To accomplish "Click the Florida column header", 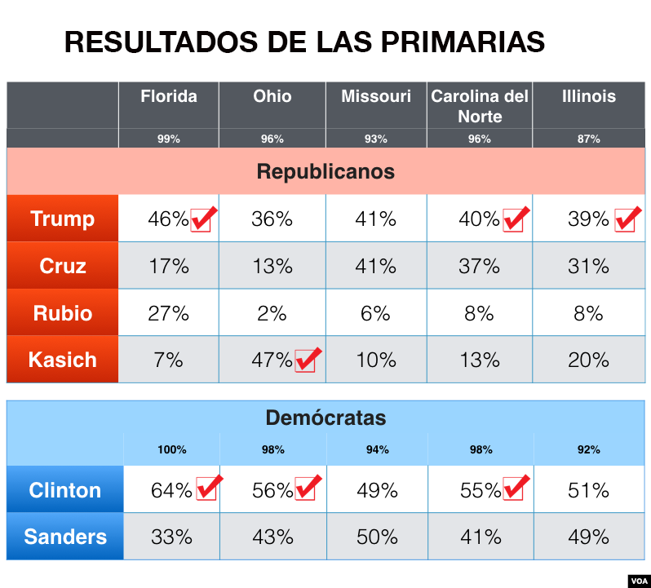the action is click(x=169, y=96).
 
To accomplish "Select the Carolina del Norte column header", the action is click(x=480, y=106).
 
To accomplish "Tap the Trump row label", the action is click(x=63, y=219).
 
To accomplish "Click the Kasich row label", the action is click(x=63, y=360).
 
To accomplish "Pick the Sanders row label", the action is click(x=65, y=537).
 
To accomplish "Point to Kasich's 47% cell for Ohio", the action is click(x=272, y=360).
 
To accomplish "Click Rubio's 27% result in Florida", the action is click(x=169, y=313).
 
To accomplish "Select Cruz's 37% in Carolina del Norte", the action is click(x=479, y=266).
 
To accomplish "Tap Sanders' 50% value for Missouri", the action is click(x=377, y=537).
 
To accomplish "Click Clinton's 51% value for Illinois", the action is click(x=588, y=490).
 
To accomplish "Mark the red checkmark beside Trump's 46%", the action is click(x=204, y=219).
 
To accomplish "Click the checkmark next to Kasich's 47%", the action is click(x=308, y=360).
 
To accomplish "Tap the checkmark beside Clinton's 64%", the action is click(x=210, y=487).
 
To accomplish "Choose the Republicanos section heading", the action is click(x=325, y=171).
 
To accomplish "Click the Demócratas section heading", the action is click(x=325, y=418).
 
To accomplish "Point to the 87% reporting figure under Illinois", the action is click(x=588, y=139).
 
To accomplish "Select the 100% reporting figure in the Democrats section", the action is click(x=172, y=450).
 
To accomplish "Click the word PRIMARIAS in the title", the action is click(x=463, y=42).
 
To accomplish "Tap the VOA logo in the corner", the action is click(x=640, y=581).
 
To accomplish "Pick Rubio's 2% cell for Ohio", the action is click(x=272, y=313).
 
